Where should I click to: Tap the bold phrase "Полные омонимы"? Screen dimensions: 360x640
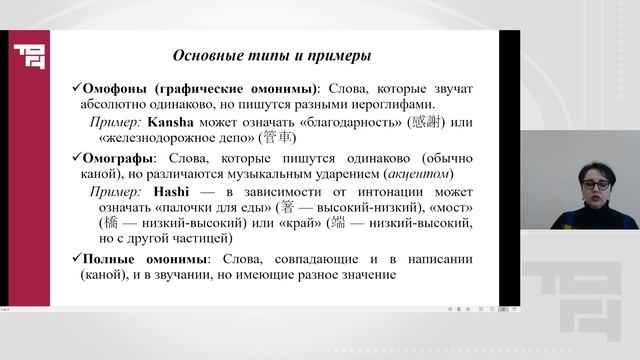click(x=139, y=258)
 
